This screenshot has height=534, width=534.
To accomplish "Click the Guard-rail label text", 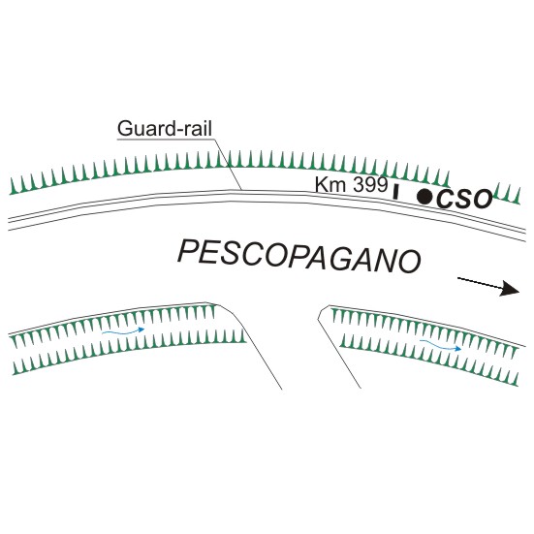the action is click(165, 129).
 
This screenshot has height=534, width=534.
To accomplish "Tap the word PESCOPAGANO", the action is click(299, 256).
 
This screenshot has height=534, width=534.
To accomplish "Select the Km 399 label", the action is click(351, 185).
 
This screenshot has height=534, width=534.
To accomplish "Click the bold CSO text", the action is click(464, 199).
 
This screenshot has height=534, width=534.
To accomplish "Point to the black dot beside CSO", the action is click(424, 197).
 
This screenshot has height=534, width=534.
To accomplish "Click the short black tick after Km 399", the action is click(395, 192).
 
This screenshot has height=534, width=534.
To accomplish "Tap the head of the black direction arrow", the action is click(510, 289).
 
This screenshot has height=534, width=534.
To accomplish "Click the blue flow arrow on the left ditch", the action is click(123, 331).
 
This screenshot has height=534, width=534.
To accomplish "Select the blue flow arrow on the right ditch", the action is click(440, 345).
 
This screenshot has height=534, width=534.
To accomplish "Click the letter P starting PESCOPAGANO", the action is click(187, 250).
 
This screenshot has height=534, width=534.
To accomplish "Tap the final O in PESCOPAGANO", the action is click(410, 263).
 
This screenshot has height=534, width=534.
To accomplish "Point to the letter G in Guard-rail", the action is click(125, 129).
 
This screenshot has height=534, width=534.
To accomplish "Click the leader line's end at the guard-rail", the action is click(242, 190).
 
